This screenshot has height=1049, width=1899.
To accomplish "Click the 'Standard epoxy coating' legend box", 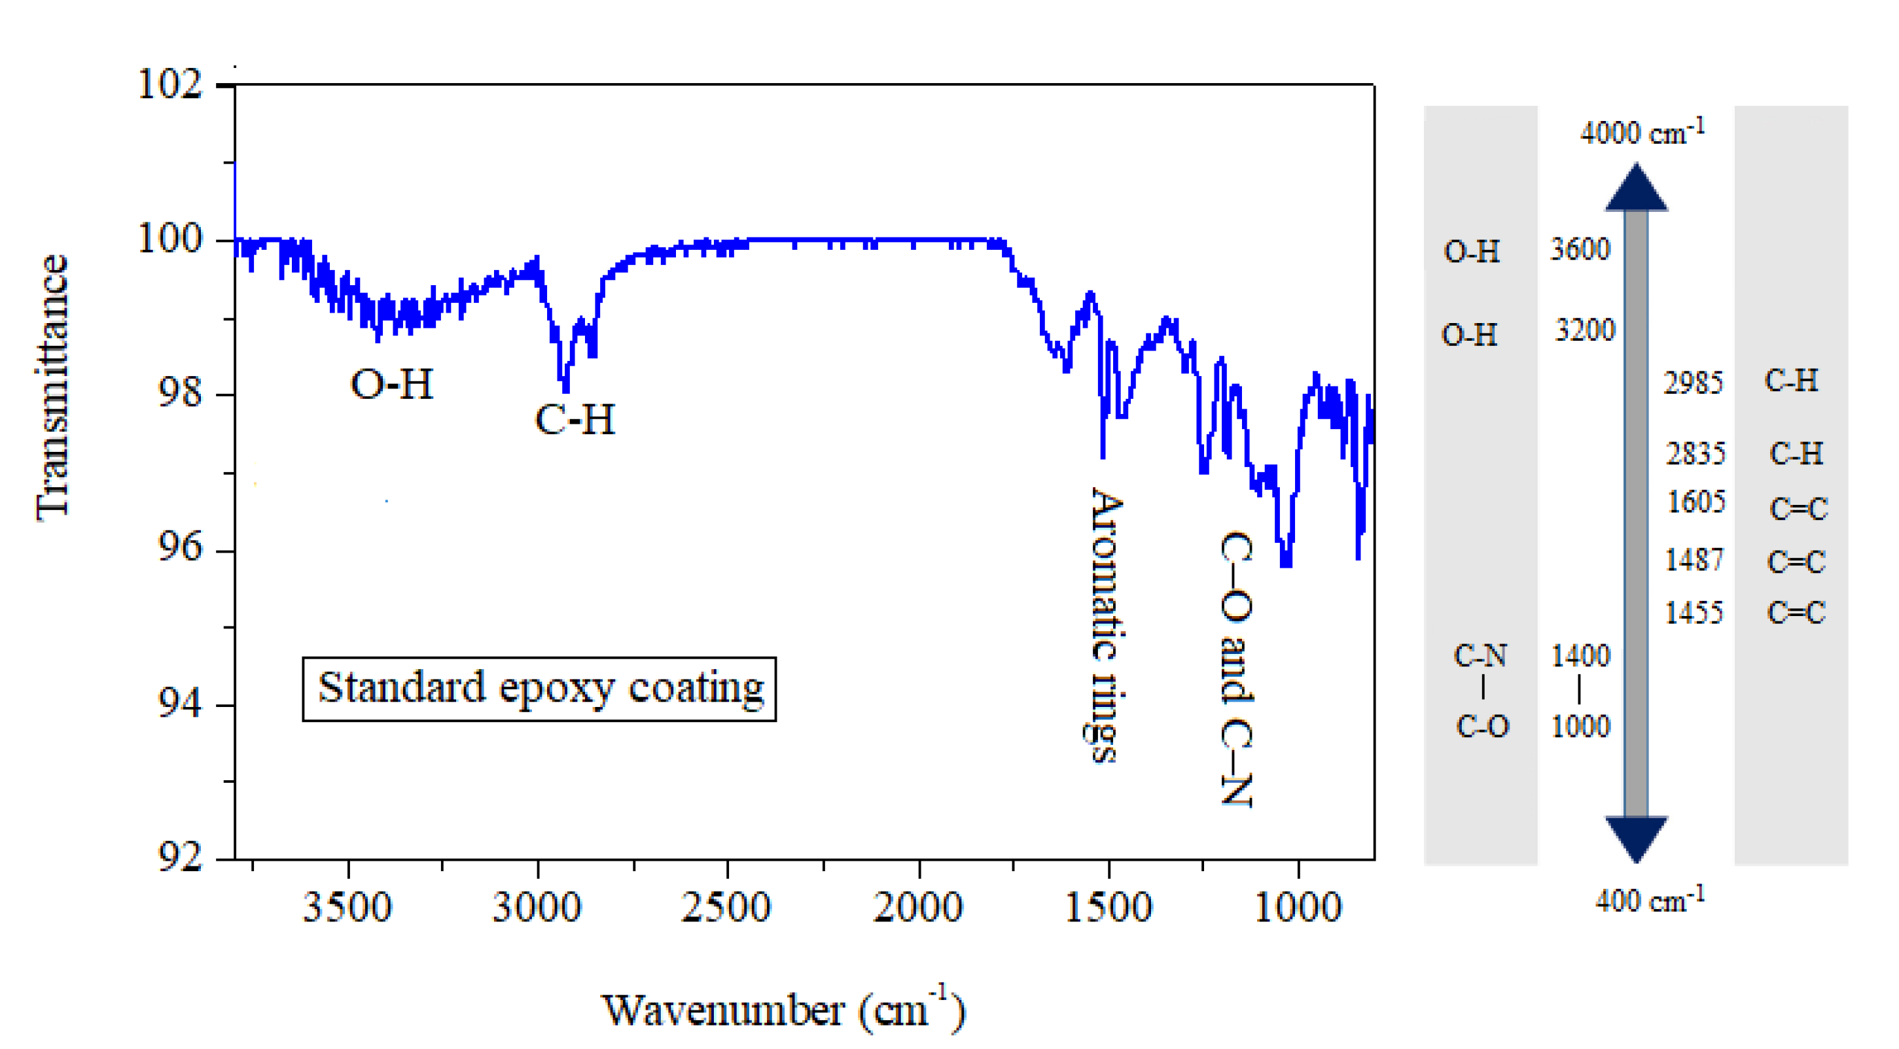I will click(x=539, y=689).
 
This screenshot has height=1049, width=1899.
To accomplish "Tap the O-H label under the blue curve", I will click(x=391, y=385).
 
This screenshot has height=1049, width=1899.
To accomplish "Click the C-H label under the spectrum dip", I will click(x=575, y=420).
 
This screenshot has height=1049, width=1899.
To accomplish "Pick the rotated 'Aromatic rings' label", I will click(x=1106, y=625).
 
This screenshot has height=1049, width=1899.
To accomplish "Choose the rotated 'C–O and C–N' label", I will click(x=1236, y=669).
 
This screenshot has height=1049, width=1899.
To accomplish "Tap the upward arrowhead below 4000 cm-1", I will click(x=1636, y=188).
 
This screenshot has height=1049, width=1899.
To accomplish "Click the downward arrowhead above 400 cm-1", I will click(x=1636, y=838).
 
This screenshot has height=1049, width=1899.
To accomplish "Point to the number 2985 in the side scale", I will click(x=1694, y=383).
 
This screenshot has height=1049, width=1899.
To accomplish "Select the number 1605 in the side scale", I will click(x=1696, y=502).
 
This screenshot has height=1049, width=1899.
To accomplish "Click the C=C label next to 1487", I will click(x=1796, y=562).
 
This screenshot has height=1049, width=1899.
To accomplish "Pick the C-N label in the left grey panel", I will click(x=1480, y=655).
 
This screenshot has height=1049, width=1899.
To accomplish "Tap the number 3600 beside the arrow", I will click(x=1580, y=249).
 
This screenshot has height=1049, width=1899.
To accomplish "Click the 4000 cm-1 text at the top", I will click(x=1642, y=133).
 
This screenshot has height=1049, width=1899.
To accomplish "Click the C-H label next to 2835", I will click(x=1796, y=453).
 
